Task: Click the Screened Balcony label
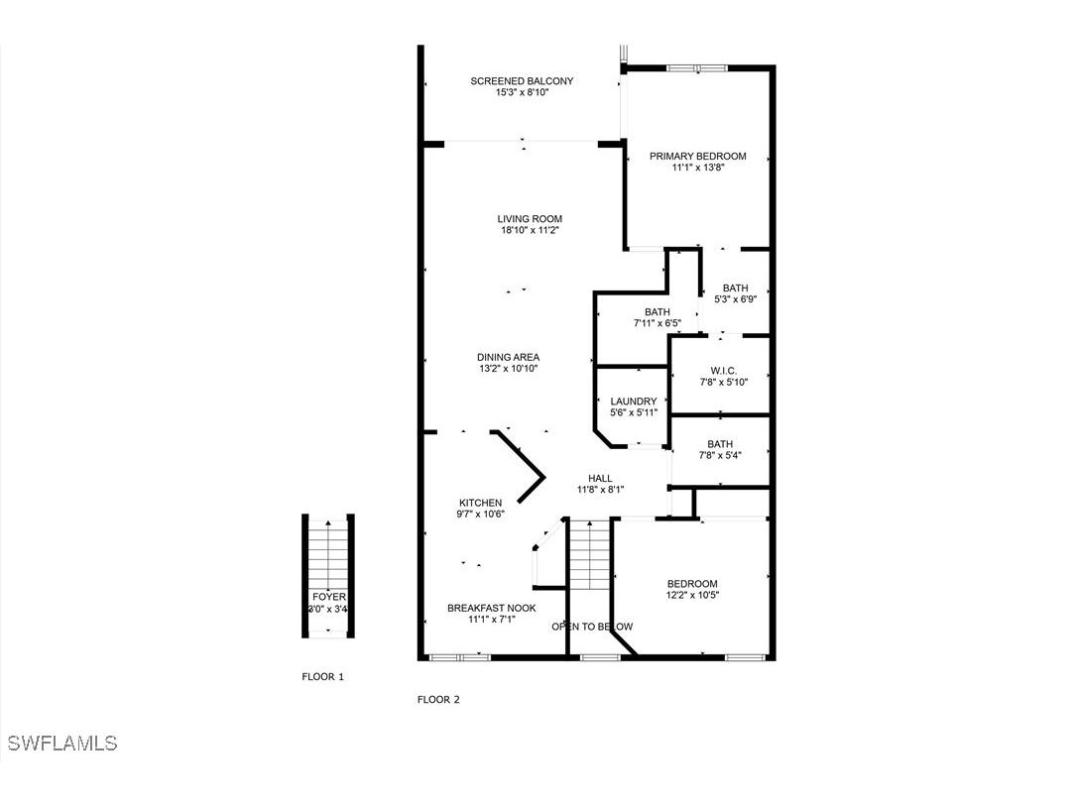tap(522, 81)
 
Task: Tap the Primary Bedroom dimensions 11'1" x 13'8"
tap(697, 168)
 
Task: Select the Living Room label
tap(530, 219)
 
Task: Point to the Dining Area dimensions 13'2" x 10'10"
tap(508, 369)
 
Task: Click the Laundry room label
tap(633, 402)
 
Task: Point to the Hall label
tap(601, 477)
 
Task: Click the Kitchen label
tap(480, 503)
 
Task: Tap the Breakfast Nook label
tap(491, 608)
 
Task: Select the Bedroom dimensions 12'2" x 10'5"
tap(692, 595)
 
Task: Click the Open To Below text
tap(592, 627)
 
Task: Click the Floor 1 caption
tap(322, 677)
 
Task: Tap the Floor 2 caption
tap(438, 699)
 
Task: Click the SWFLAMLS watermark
tap(61, 743)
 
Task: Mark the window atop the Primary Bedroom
tap(696, 68)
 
